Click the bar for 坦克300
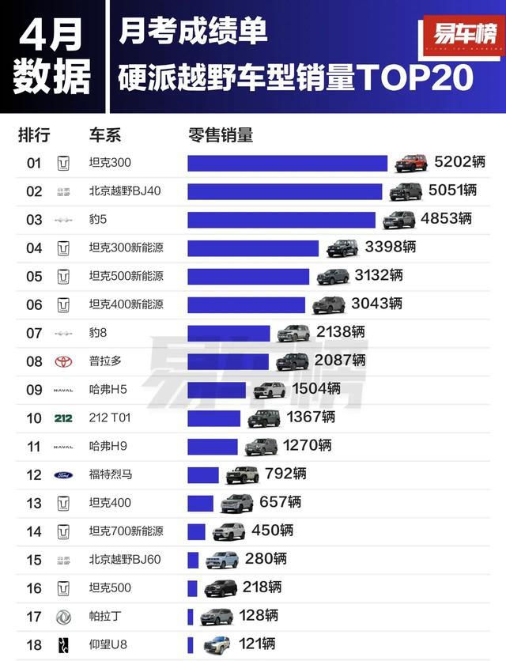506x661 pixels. pyautogui.click(x=287, y=163)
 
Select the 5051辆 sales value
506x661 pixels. pyautogui.click(x=452, y=191)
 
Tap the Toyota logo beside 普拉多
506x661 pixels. pyautogui.click(x=63, y=361)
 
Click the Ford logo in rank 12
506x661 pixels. pyautogui.click(x=63, y=475)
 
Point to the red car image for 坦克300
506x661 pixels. pyautogui.click(x=411, y=163)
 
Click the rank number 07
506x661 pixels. pyautogui.click(x=34, y=333)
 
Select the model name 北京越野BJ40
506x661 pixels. pyautogui.click(x=125, y=191)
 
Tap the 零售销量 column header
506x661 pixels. pyautogui.click(x=221, y=134)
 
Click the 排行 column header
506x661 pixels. pyautogui.click(x=34, y=134)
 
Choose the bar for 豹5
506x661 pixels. pyautogui.click(x=281, y=220)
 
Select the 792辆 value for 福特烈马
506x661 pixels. pyautogui.click(x=285, y=474)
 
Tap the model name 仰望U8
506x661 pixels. pyautogui.click(x=109, y=645)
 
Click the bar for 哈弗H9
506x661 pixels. pyautogui.click(x=212, y=447)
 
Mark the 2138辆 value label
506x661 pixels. pyautogui.click(x=340, y=333)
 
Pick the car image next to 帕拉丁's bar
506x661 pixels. pyautogui.click(x=216, y=617)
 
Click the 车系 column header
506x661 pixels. pyautogui.click(x=105, y=134)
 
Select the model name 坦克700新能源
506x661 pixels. pyautogui.click(x=126, y=531)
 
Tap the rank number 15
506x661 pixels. pyautogui.click(x=34, y=560)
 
